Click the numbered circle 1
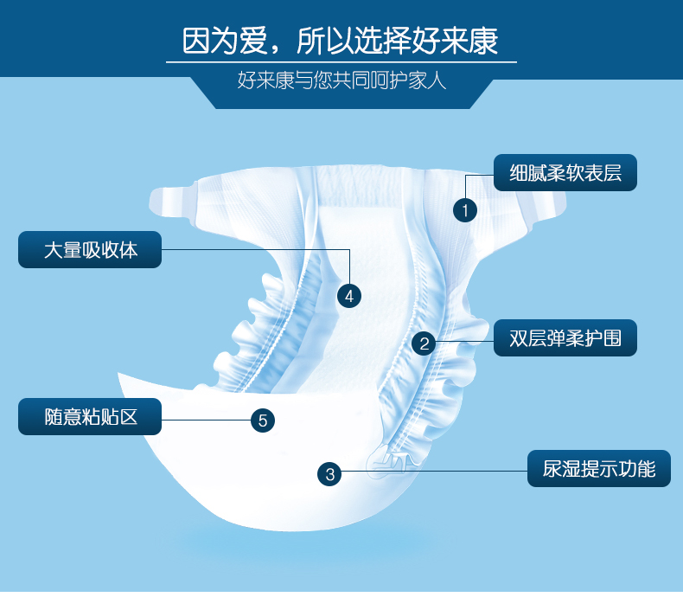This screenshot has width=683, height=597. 465,209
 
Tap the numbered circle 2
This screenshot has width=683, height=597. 424,343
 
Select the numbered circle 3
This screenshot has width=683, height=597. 329,473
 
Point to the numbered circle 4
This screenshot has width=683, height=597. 348,295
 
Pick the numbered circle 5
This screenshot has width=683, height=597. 263,420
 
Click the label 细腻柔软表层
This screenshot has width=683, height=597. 565,173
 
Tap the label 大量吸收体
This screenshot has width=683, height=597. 90,250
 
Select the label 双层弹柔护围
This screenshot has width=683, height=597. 565,337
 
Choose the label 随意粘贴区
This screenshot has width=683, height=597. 90,417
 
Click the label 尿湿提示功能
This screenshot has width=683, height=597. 599,469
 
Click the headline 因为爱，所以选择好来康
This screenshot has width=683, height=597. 341,40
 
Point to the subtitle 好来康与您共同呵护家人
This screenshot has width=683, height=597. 341,83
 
